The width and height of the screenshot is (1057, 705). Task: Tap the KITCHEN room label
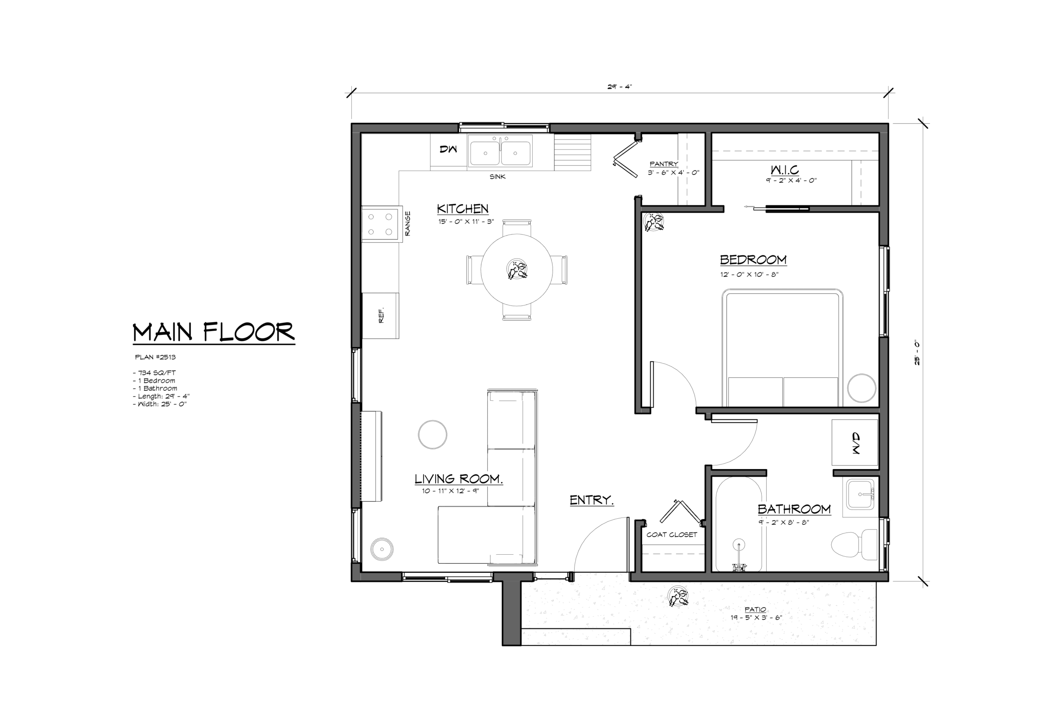point(462,209)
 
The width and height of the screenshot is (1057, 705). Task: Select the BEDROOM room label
point(753,259)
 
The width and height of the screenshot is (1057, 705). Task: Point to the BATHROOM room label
point(794,509)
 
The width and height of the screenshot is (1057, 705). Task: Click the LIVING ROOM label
point(458,479)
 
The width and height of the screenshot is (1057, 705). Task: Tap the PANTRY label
point(664,164)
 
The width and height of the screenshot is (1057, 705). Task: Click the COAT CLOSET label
point(671,534)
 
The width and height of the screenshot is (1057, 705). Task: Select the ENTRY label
point(591,500)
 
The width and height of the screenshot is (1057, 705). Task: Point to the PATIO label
point(755,609)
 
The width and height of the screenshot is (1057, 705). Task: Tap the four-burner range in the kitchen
point(382,224)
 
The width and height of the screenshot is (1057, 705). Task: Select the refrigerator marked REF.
point(380,316)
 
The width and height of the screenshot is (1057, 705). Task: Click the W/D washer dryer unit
point(854,442)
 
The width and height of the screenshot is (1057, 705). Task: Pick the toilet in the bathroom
point(854,544)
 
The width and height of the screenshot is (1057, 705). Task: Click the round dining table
point(517,270)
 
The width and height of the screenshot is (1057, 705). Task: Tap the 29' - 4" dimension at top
point(620,87)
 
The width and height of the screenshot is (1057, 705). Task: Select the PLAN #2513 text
point(155,357)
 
